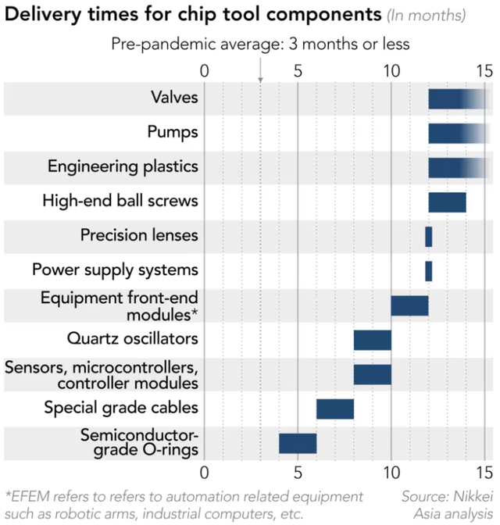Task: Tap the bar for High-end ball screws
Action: [447, 202]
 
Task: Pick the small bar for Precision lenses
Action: [428, 236]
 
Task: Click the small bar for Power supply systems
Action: [428, 270]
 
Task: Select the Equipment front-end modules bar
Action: [409, 305]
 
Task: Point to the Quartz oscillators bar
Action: [372, 340]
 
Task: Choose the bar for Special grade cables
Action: [334, 408]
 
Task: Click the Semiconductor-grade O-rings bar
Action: [298, 442]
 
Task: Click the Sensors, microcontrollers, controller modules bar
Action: [372, 374]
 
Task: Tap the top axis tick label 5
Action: [298, 70]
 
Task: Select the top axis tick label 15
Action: [484, 70]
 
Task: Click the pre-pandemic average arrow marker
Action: [260, 77]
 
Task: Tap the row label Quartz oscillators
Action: [132, 339]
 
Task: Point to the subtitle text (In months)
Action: [427, 16]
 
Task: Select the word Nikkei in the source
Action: [469, 496]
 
